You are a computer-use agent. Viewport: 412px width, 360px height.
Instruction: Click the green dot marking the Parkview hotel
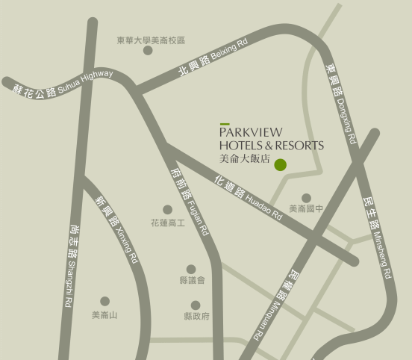coord(281,165)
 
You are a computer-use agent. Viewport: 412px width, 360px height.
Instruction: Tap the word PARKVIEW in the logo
coord(257,133)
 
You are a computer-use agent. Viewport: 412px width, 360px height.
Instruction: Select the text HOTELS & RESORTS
coord(272,145)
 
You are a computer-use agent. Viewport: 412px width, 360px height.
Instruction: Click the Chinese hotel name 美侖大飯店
coord(244,158)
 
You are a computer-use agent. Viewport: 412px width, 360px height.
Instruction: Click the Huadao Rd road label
coord(248,197)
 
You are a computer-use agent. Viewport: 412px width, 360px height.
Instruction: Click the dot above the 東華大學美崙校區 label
coord(148,51)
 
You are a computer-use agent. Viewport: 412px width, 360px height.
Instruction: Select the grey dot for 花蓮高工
coord(167,210)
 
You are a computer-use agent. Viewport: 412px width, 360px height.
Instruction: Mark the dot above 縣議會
coord(191,269)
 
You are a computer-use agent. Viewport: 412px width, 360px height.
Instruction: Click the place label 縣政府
coord(196,316)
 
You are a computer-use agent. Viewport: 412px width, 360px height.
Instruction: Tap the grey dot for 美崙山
coord(104,302)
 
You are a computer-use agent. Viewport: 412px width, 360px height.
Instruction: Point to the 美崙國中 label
coord(306,209)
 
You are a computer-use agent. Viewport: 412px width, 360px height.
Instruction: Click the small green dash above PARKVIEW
coord(224,124)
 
